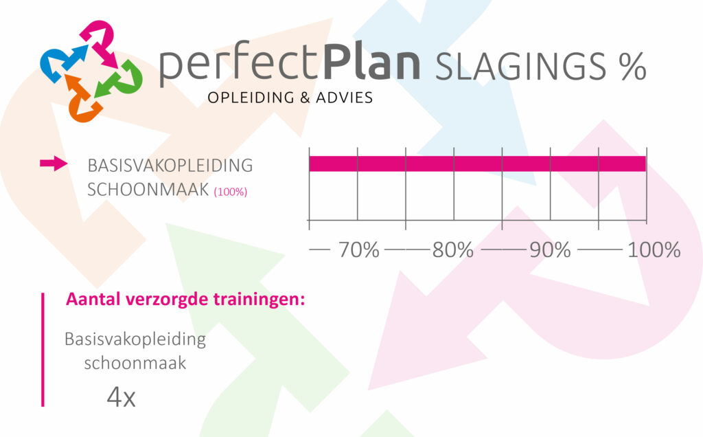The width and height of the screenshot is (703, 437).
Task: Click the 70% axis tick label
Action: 358,250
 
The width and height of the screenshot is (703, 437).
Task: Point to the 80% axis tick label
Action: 453,250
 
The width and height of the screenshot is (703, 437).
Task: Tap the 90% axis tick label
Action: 550,250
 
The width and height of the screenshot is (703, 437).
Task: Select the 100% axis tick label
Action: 654,250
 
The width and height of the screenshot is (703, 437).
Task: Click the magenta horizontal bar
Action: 478,164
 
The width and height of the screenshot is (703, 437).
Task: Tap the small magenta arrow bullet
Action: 54,164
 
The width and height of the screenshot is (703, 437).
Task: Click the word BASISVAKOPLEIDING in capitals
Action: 170,166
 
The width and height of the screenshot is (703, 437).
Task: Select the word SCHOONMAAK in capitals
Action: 148,190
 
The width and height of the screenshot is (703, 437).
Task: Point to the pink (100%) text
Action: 231,192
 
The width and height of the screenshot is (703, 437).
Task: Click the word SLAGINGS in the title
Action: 521,67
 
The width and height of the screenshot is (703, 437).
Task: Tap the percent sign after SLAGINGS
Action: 632,67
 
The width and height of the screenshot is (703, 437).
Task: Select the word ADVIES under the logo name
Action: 345,98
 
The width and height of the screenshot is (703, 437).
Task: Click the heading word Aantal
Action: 93,299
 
